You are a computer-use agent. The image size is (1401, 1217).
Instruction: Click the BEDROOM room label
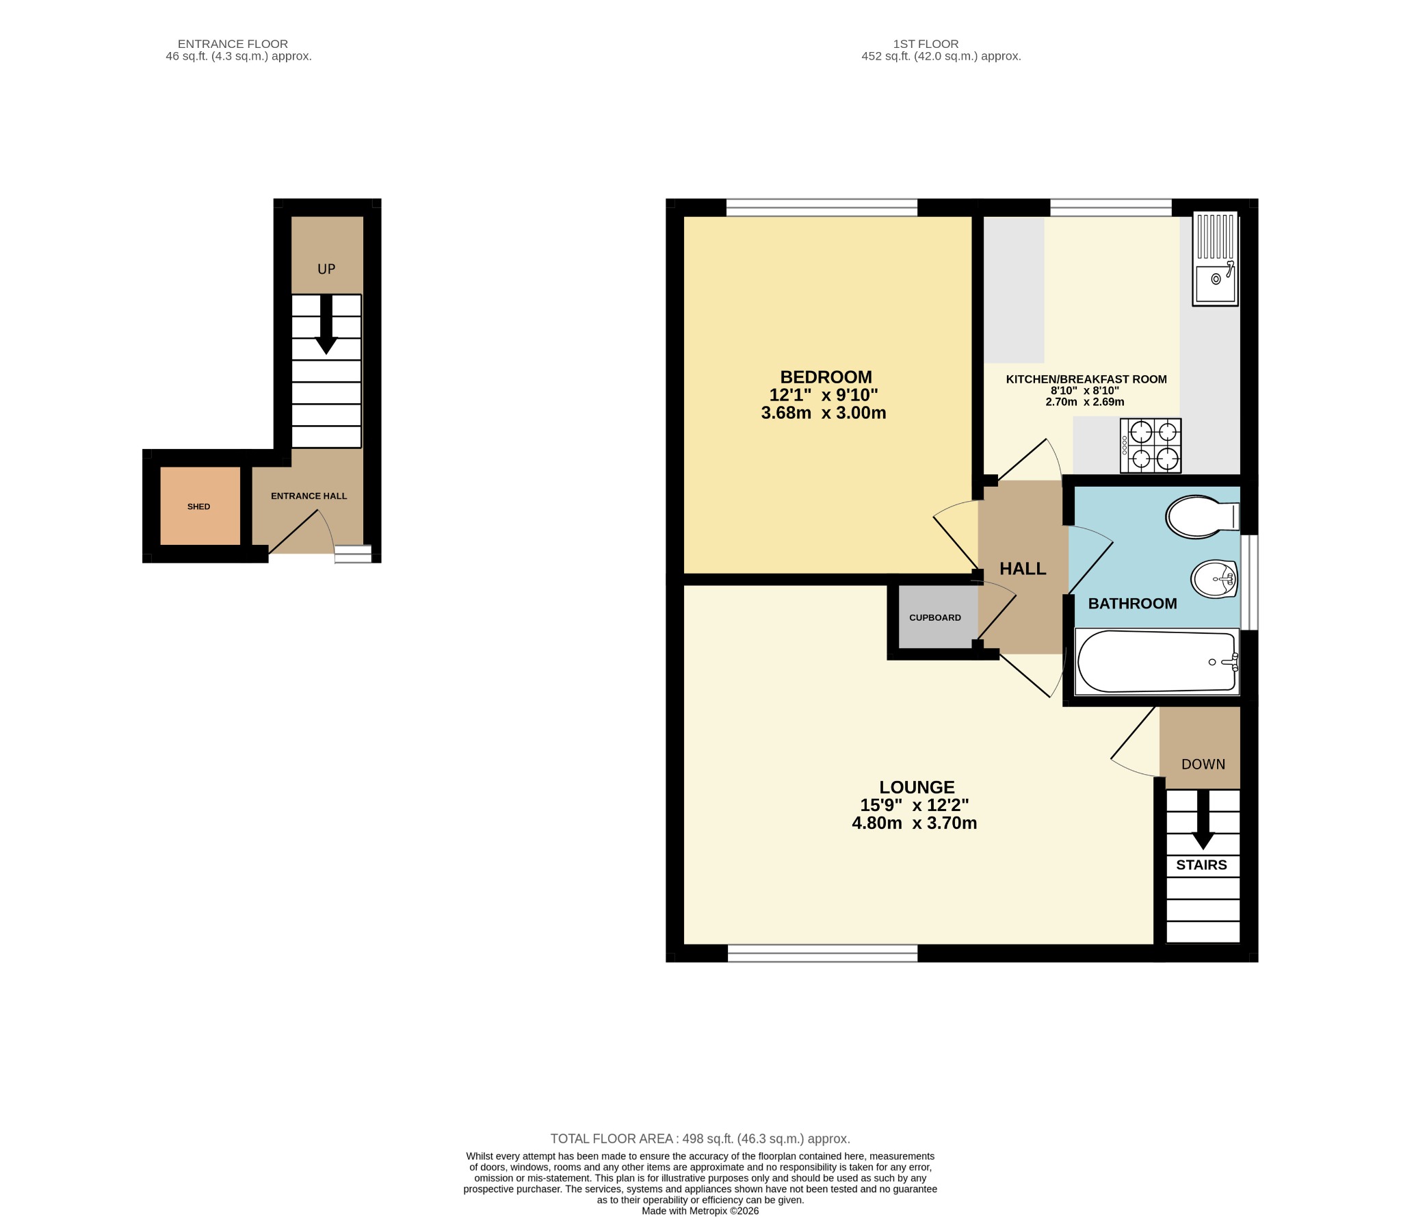tap(826, 377)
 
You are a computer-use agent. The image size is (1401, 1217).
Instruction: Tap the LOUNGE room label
tap(917, 787)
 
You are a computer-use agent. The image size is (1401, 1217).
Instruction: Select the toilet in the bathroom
tap(1203, 516)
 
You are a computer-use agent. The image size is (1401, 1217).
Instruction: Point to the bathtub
tap(1157, 662)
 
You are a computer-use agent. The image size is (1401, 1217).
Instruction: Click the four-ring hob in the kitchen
tap(1151, 446)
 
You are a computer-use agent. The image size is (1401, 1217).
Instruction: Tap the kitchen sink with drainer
tap(1216, 258)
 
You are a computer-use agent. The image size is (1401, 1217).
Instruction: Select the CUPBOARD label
tap(935, 617)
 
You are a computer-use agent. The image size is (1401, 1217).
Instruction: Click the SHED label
tap(199, 507)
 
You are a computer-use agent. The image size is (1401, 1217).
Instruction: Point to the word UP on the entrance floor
tap(326, 269)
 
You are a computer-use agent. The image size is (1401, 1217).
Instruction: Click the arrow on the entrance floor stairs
tap(326, 324)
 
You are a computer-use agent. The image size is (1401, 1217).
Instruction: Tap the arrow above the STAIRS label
tap(1203, 820)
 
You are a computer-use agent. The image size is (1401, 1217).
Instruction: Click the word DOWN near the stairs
tap(1203, 765)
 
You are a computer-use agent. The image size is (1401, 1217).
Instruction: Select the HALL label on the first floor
tap(1023, 569)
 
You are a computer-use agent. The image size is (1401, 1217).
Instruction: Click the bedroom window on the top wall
tap(822, 207)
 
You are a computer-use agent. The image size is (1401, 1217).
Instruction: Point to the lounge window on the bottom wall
tap(822, 953)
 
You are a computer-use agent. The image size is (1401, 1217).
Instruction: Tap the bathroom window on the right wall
tap(1249, 582)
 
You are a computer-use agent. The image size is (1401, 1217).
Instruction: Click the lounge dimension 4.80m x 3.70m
tap(915, 823)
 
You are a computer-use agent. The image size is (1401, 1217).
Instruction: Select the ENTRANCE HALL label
tap(309, 496)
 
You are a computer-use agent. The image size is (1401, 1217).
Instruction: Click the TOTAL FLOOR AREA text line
tap(700, 1139)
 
